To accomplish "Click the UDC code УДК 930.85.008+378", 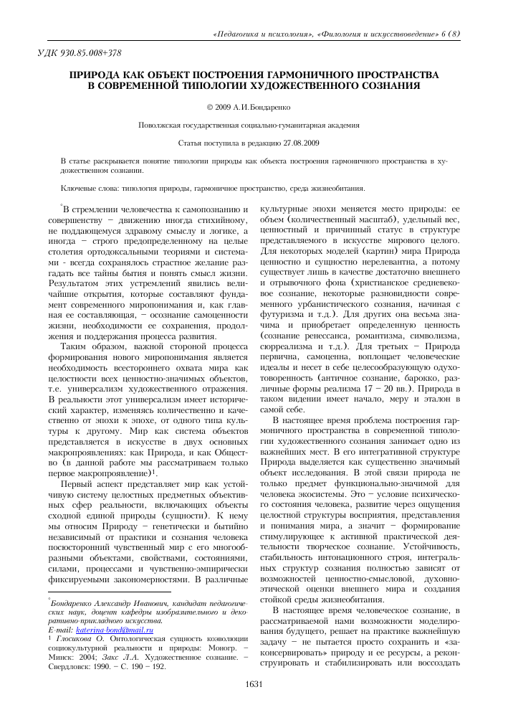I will [x=78, y=53].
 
